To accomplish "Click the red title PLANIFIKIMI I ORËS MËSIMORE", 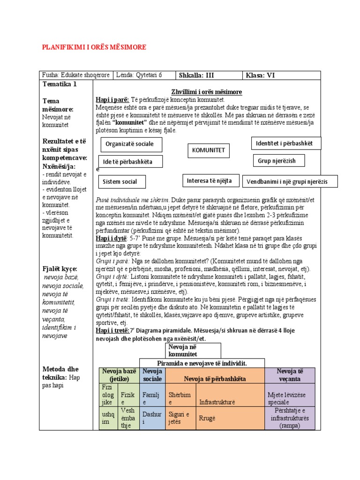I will point(94,47).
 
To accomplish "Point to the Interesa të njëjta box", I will point(210,180).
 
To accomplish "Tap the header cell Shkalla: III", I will point(208,75).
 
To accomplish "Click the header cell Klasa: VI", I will point(281,75).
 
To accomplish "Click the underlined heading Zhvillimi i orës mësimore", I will point(207,92).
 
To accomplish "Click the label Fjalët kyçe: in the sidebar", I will point(60,269).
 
